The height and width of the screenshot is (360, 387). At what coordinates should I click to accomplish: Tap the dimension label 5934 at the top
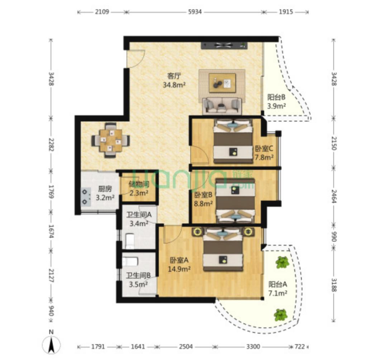(x=195, y=11)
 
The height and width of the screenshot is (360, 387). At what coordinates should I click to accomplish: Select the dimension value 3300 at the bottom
(x=253, y=347)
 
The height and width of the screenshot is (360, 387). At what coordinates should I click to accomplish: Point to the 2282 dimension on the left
(x=51, y=145)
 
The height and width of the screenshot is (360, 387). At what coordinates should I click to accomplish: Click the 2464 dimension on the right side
(x=334, y=196)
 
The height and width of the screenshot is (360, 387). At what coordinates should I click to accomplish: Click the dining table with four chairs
(x=111, y=140)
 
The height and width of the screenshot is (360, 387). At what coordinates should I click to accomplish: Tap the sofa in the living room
(x=222, y=106)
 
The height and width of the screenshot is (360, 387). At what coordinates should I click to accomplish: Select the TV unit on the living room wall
(x=224, y=45)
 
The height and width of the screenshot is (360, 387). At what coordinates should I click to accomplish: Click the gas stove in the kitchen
(x=86, y=197)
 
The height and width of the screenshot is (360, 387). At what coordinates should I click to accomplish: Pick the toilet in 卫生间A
(x=130, y=241)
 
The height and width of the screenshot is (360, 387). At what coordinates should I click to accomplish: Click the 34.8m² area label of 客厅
(x=174, y=85)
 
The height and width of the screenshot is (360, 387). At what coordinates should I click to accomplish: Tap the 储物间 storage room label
(x=139, y=184)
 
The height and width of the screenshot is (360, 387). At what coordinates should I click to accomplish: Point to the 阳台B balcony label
(x=276, y=97)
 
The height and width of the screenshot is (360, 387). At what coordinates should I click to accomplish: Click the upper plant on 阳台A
(x=282, y=262)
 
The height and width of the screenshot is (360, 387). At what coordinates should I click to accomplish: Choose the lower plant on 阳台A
(x=281, y=315)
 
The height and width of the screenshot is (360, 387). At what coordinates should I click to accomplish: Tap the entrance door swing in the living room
(x=135, y=59)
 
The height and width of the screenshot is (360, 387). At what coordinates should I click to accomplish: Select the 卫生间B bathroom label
(x=138, y=275)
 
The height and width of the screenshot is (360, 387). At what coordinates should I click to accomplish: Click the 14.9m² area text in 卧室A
(x=179, y=269)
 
